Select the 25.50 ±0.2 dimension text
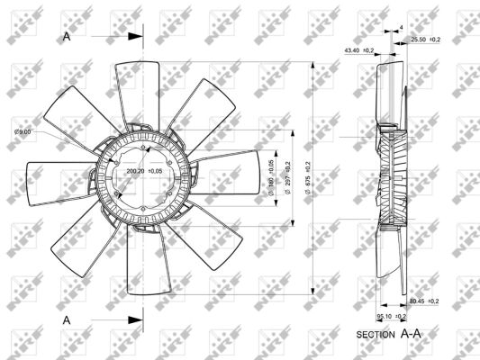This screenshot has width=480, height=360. (x=426, y=40)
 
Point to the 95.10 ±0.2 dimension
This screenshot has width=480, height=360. (x=392, y=317)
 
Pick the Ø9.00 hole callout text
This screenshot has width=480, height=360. (x=23, y=132)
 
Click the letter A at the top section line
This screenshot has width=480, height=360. (x=67, y=37)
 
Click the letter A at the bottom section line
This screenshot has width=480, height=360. (x=67, y=319)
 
